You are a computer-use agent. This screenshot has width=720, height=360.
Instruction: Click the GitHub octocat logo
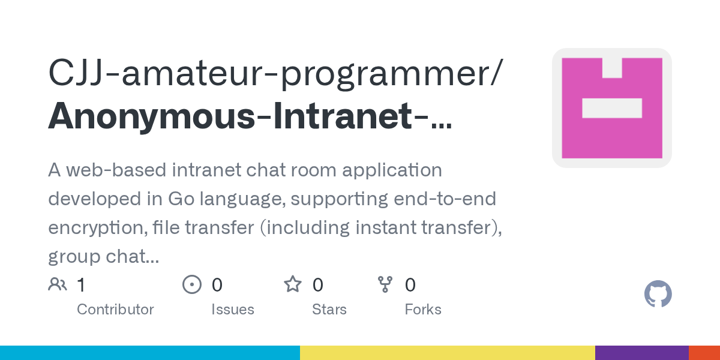pos(658,294)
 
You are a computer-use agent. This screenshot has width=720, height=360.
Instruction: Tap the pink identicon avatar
pos(612,108)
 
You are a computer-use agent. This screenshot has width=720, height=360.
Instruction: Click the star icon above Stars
pos(293,284)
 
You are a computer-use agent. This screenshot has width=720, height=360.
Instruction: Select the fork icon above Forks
pos(385,284)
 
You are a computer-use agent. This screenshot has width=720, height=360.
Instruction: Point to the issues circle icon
pos(192,284)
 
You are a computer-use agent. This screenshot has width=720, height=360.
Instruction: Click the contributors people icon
pos(58,284)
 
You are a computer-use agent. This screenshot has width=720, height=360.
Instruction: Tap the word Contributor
pos(115,310)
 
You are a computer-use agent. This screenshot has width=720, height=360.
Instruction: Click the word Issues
pos(233,310)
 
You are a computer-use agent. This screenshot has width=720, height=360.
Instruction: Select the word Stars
pos(329,310)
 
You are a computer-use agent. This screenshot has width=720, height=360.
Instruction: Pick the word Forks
pos(423,310)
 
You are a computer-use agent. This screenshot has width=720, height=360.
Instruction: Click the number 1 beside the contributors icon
pos(81,285)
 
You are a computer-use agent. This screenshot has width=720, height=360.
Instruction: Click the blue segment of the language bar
pos(150,353)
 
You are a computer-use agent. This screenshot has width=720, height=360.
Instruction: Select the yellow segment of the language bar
pos(448,353)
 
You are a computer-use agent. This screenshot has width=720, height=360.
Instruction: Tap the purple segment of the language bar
pos(642,353)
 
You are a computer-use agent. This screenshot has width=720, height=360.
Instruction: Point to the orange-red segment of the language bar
pos(704,353)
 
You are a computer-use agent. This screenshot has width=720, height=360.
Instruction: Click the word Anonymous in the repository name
pos(152,116)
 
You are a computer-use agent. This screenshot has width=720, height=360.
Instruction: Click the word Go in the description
pos(181,199)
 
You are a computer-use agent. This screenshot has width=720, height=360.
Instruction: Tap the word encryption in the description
pos(98,228)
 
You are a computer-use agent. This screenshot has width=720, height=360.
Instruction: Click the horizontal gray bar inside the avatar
pos(612,108)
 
